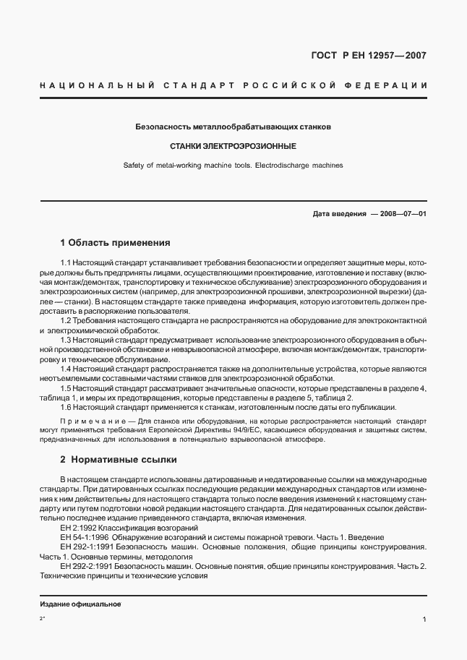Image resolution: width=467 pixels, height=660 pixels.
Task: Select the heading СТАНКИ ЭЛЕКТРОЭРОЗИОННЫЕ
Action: coord(233,146)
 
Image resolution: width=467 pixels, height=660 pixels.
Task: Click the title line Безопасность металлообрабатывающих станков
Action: coord(233,127)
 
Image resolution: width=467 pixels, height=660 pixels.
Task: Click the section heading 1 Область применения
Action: coord(115,243)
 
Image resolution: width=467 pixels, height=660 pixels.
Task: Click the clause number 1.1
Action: coord(66,262)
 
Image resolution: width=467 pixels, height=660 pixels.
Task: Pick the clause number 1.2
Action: coord(66,320)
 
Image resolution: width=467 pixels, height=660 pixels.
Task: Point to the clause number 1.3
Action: coord(66,340)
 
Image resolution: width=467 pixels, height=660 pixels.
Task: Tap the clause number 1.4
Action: coord(66,369)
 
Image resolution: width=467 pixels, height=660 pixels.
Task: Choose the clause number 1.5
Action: coord(66,388)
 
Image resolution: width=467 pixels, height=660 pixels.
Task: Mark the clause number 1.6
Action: coord(66,408)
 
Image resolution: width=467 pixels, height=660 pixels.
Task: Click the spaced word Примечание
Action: coord(84,421)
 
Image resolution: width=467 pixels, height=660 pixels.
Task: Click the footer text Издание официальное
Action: coord(80,604)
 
